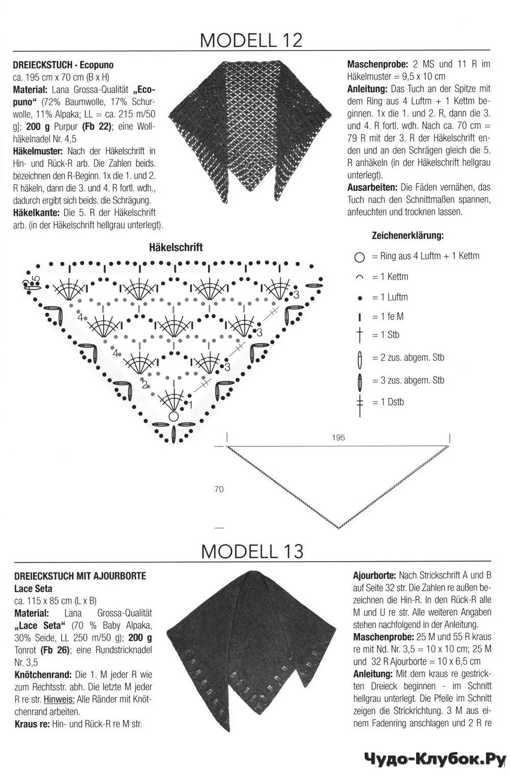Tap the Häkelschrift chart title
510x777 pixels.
click(176, 247)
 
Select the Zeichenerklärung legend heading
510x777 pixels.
click(407, 236)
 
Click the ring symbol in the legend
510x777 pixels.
click(360, 257)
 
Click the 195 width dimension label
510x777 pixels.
click(338, 437)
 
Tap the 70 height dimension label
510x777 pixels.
click(219, 489)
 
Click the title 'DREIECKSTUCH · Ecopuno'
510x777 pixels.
click(64, 65)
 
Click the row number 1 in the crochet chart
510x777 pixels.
click(190, 405)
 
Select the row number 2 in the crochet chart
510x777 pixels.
click(144, 384)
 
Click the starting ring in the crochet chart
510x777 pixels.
click(173, 416)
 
